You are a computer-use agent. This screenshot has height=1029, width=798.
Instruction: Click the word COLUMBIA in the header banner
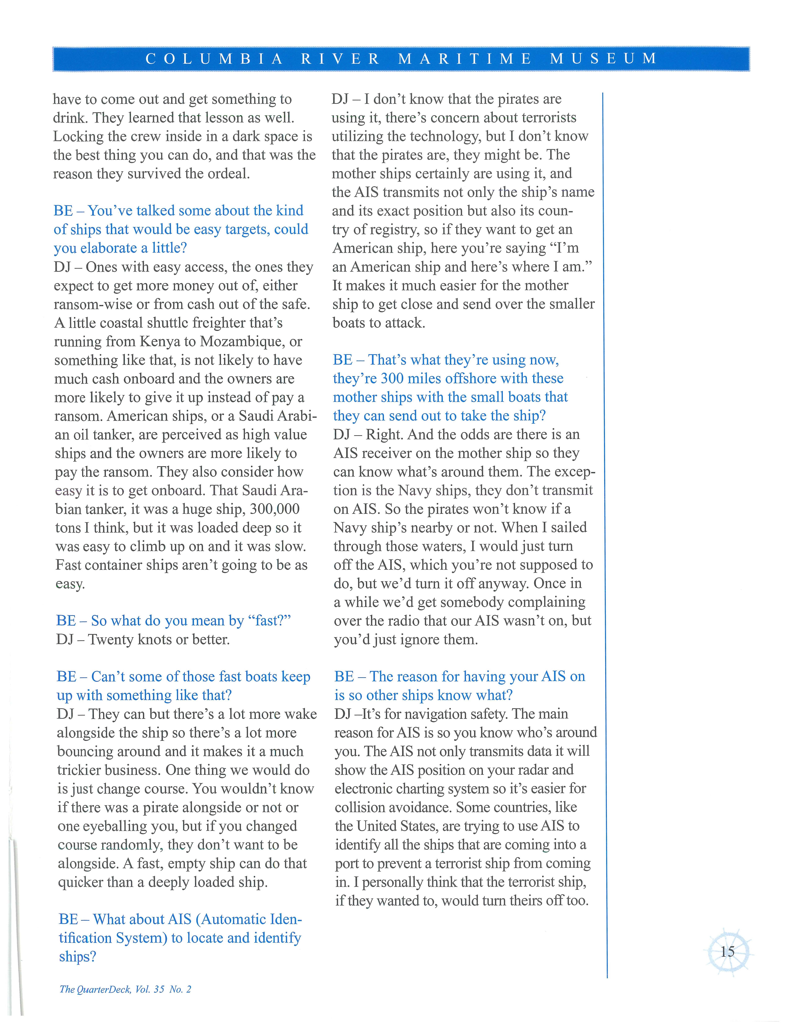[x=214, y=59]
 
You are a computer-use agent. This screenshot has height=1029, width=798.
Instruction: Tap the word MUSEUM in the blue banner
[x=604, y=59]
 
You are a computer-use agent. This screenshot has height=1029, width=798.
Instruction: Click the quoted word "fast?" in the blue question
[x=269, y=621]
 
